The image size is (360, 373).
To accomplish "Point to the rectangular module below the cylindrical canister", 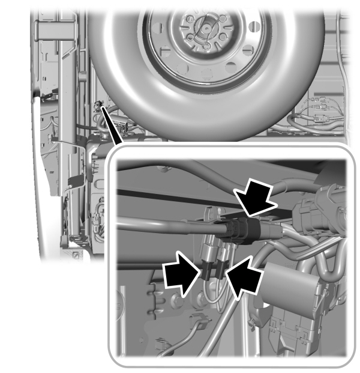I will click(x=288, y=330).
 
